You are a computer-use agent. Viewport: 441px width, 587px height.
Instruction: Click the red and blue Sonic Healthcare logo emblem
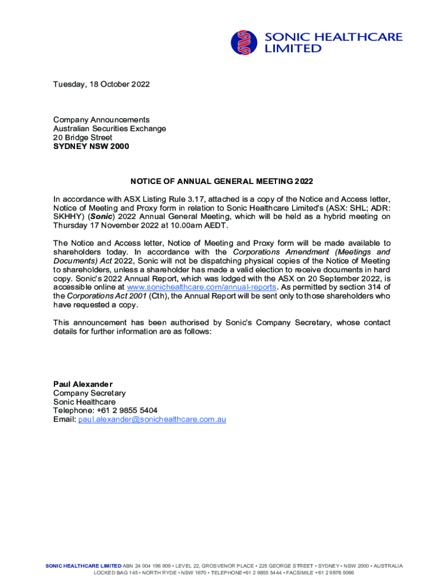245,42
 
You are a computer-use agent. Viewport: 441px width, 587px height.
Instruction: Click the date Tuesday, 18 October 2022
101,84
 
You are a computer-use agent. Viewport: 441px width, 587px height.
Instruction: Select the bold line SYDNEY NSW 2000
91,146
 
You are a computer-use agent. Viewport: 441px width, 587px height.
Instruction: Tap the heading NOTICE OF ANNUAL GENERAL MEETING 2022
222,182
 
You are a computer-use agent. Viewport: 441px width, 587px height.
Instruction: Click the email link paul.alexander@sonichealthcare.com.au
152,420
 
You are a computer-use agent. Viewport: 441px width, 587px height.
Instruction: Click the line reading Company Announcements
101,120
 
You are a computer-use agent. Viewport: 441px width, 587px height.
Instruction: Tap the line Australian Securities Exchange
109,128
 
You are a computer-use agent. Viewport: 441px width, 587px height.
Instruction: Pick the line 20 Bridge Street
82,138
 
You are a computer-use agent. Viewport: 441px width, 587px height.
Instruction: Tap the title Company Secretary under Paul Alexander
89,393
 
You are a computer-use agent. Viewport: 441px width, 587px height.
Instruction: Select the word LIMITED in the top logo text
293,49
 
